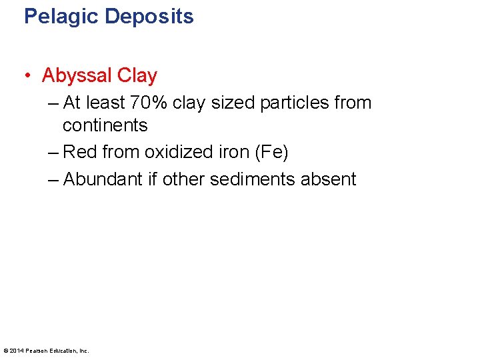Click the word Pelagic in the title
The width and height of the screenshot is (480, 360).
[x=59, y=15]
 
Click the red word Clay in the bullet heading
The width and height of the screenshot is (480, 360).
[x=137, y=75]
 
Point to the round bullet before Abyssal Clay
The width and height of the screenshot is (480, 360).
[x=29, y=76]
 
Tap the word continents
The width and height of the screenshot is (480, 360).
[x=105, y=125]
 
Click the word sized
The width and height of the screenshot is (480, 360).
[x=225, y=103]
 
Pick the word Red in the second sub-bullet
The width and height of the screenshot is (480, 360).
[x=80, y=153]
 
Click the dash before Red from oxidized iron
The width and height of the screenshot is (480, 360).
[x=53, y=153]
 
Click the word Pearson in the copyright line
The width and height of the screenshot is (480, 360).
[x=35, y=351]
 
